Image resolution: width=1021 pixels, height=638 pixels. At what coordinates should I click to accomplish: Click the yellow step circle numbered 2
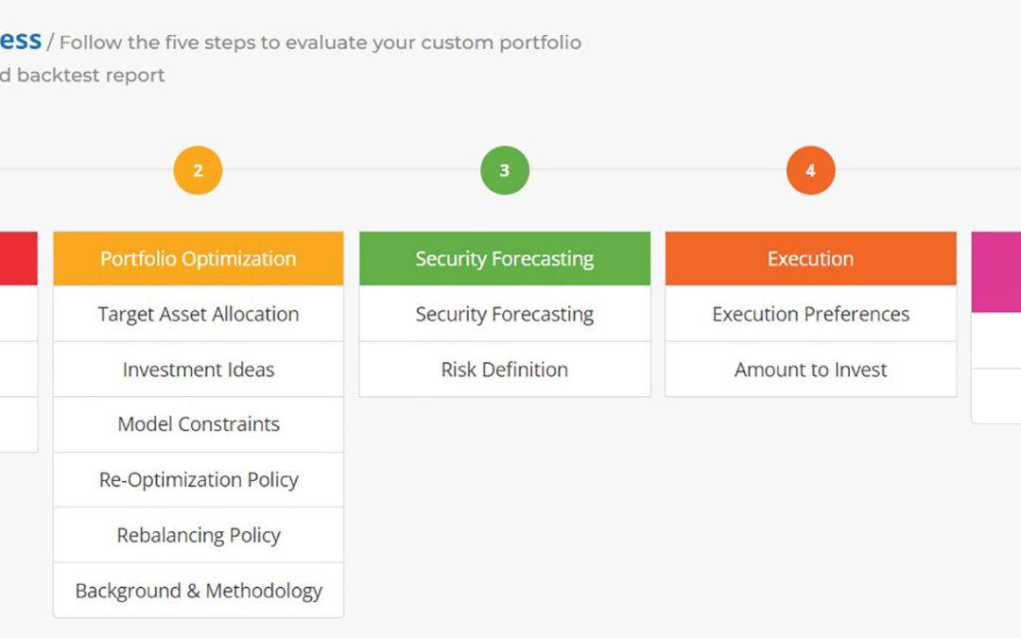pyautogui.click(x=198, y=171)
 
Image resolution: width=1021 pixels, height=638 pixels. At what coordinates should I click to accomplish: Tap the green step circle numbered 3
pyautogui.click(x=504, y=171)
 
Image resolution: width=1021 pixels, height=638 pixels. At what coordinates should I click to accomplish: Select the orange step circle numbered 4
pyautogui.click(x=810, y=171)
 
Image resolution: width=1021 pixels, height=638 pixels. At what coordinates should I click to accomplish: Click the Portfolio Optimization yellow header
pyautogui.click(x=199, y=259)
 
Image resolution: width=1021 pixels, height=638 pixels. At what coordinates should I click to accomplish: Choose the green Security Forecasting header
pyautogui.click(x=505, y=259)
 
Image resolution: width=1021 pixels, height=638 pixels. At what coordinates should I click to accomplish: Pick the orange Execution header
pyautogui.click(x=810, y=259)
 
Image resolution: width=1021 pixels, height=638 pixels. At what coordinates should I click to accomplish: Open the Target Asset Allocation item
pyautogui.click(x=199, y=314)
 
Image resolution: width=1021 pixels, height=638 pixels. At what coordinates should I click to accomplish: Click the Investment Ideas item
pyautogui.click(x=199, y=370)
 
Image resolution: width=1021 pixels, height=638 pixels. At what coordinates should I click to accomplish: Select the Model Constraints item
pyautogui.click(x=199, y=424)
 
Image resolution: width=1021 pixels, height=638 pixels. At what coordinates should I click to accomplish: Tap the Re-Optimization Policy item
pyautogui.click(x=199, y=480)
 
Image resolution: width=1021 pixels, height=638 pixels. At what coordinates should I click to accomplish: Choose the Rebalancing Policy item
pyautogui.click(x=199, y=535)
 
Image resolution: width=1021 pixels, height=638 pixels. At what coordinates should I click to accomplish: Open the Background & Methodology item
pyautogui.click(x=199, y=591)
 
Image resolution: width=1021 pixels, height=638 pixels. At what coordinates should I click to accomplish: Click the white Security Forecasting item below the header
pyautogui.click(x=505, y=314)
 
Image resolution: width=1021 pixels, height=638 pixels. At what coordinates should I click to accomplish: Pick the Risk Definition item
pyautogui.click(x=505, y=370)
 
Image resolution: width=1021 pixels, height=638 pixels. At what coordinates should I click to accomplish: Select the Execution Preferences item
pyautogui.click(x=810, y=314)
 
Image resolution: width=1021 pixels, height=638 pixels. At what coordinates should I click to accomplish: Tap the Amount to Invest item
pyautogui.click(x=810, y=370)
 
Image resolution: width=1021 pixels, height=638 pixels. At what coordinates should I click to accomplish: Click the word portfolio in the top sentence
pyautogui.click(x=541, y=43)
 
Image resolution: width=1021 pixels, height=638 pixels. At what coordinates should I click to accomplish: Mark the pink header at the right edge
pyautogui.click(x=996, y=271)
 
